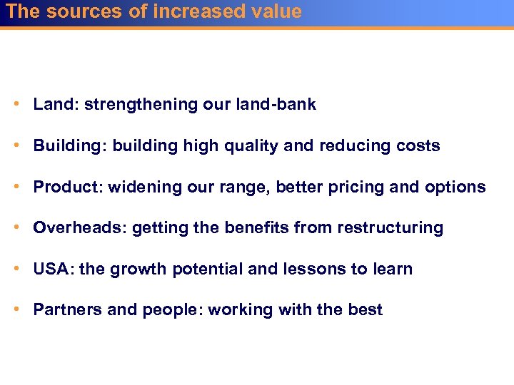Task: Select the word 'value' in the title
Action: [276, 11]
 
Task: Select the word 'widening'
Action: [134, 188]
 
